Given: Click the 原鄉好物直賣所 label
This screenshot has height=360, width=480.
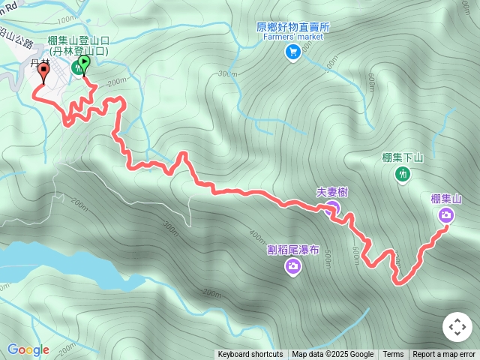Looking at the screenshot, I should (292, 26).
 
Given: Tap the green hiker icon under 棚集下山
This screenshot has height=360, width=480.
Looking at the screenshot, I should (403, 174).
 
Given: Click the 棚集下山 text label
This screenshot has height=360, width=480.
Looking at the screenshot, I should (403, 157).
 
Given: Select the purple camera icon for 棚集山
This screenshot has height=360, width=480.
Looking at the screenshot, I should (446, 216).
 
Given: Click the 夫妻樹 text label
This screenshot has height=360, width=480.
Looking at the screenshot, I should (331, 192).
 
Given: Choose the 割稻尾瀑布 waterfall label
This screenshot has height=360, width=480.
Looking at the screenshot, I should (292, 250).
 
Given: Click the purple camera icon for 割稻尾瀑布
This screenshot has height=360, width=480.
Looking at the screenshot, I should (292, 266).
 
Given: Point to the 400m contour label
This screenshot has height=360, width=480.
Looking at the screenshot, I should (257, 235).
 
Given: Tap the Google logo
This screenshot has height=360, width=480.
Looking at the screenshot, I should (28, 349).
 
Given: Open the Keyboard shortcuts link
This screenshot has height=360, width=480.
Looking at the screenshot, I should (250, 355).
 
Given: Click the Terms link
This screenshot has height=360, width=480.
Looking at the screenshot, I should (393, 355).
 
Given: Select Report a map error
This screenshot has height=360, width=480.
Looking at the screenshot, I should (444, 355).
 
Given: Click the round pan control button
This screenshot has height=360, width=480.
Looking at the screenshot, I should (457, 327).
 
